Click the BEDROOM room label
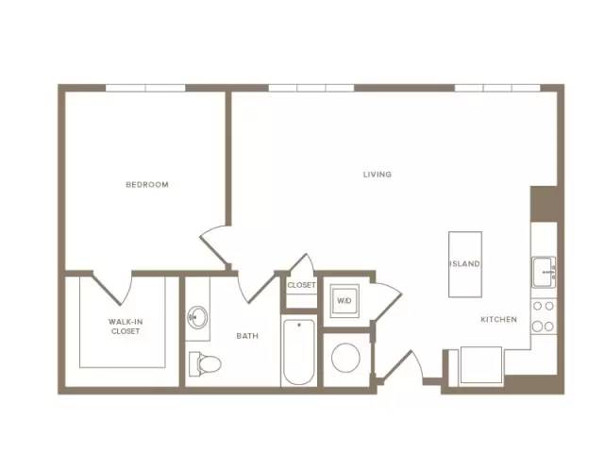(x=147, y=185)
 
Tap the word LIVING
(x=377, y=174)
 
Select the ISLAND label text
(x=465, y=264)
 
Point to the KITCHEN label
(x=499, y=319)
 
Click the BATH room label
(x=247, y=336)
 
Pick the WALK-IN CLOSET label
(x=126, y=327)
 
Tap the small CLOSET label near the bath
(x=301, y=285)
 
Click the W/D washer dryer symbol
(x=344, y=301)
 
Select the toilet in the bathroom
(x=205, y=363)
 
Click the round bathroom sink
(x=197, y=317)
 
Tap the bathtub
(x=299, y=352)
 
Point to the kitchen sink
(x=544, y=272)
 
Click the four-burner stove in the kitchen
(x=544, y=317)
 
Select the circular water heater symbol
(x=346, y=358)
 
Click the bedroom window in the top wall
(x=145, y=88)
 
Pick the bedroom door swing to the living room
(x=214, y=245)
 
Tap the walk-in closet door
(x=112, y=288)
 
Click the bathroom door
(x=258, y=287)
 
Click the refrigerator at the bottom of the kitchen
(x=481, y=365)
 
